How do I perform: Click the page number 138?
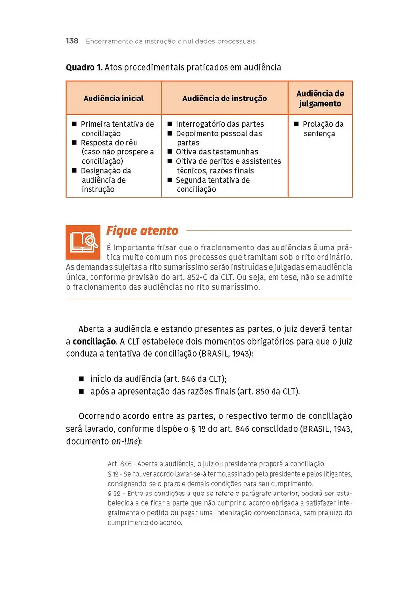[72, 41]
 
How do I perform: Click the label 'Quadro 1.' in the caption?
[84, 67]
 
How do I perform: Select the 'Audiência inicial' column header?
[113, 99]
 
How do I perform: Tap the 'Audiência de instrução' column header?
[225, 99]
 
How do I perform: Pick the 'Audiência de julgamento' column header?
[320, 99]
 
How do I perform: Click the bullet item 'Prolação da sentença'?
[322, 129]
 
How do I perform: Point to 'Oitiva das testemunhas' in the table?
[217, 152]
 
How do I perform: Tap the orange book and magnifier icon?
[83, 242]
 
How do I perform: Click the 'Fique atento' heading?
[142, 231]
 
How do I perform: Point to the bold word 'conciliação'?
[94, 342]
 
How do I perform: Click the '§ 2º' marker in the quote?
[114, 494]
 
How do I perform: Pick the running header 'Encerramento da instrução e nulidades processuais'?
[171, 41]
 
